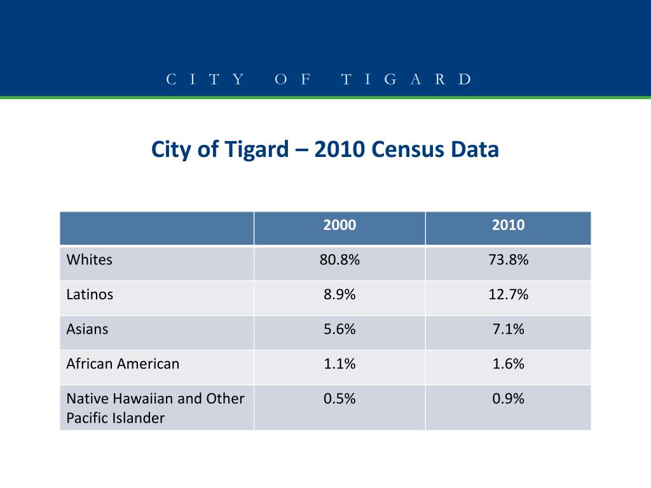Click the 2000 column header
point(339,225)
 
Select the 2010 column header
point(508,225)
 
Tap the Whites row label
point(90,260)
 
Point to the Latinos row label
point(90,295)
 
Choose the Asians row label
point(88,329)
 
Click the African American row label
point(123,364)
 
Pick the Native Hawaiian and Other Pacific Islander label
point(156,408)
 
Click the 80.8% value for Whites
point(339,260)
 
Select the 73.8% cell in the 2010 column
point(508,260)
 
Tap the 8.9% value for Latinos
point(339,295)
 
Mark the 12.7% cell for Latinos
point(508,295)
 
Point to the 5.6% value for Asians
point(339,329)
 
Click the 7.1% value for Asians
point(508,329)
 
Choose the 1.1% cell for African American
point(339,364)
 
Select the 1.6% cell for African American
point(508,364)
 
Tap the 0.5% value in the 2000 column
point(339,399)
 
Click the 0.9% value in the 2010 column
point(508,399)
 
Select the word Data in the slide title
point(475,150)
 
